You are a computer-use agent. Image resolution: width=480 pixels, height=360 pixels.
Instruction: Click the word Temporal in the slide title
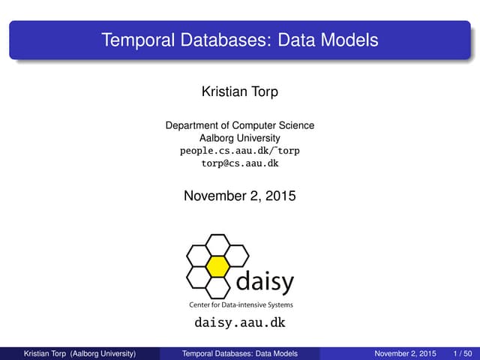(x=133, y=39)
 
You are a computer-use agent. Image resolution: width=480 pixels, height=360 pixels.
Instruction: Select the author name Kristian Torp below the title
(x=239, y=91)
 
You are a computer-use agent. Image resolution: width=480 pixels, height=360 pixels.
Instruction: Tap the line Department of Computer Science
(x=239, y=125)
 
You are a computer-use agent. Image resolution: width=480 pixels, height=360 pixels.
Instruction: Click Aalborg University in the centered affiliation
(x=239, y=138)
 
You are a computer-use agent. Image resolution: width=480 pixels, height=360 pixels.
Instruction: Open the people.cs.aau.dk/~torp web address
(x=239, y=151)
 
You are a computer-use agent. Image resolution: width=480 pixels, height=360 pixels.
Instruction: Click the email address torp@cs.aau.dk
(x=239, y=163)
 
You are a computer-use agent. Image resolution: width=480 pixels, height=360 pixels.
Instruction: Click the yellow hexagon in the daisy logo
(x=217, y=265)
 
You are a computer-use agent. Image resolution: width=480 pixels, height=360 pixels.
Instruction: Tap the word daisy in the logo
(x=265, y=283)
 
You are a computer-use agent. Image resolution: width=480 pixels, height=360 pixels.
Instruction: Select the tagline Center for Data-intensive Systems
(x=239, y=305)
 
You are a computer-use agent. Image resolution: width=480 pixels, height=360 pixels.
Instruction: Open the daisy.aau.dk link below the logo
(x=239, y=323)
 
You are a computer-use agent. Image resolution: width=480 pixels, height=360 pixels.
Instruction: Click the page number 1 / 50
(x=462, y=353)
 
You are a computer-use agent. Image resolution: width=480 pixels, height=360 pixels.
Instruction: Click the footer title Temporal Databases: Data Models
(x=240, y=353)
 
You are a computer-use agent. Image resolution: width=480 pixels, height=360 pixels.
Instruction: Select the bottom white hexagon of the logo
(x=217, y=286)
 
